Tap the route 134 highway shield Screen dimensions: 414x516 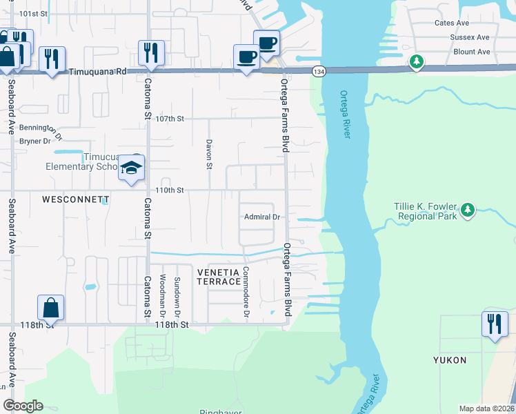tap(318, 72)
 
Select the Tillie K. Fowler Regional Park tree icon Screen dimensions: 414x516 tap(468, 209)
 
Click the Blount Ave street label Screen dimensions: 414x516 tap(472, 52)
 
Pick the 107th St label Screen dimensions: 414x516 tap(170, 119)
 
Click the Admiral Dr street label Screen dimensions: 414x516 tap(262, 217)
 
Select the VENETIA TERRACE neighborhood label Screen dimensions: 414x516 tap(219, 277)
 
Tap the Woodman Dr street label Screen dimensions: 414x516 tap(163, 295)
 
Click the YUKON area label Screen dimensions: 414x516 tap(450, 360)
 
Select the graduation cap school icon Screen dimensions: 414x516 tap(131, 168)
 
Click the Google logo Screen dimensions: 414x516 tap(23, 406)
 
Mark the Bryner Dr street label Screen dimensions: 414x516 tap(36, 141)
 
